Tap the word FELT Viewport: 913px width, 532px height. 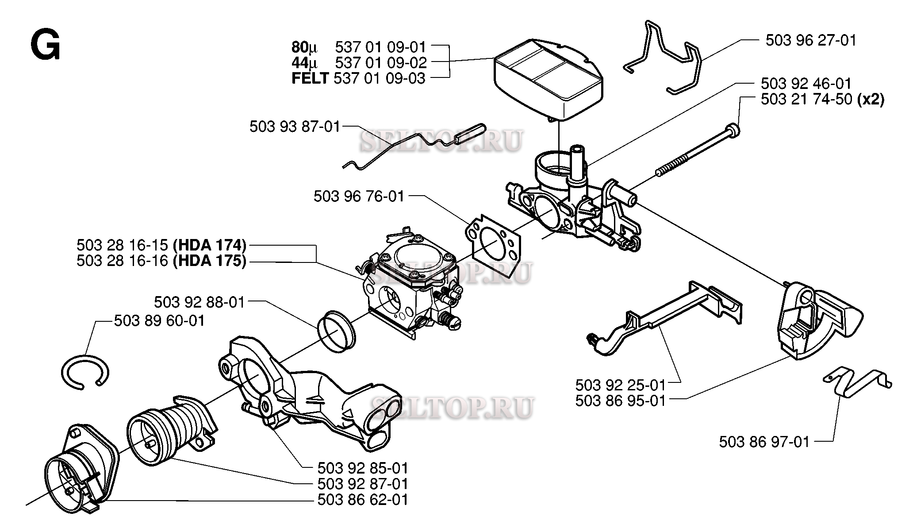[x=310, y=78]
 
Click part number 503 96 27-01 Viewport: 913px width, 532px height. [x=811, y=41]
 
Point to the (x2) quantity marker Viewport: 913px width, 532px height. [x=871, y=99]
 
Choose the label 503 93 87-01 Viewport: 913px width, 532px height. [x=295, y=127]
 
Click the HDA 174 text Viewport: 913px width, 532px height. [x=209, y=245]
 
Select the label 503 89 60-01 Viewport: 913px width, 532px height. [x=159, y=320]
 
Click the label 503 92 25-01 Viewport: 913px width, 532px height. [x=620, y=384]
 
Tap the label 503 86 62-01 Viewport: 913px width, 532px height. [x=363, y=500]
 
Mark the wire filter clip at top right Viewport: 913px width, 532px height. [x=664, y=58]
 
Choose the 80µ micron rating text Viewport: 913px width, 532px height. [x=304, y=47]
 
